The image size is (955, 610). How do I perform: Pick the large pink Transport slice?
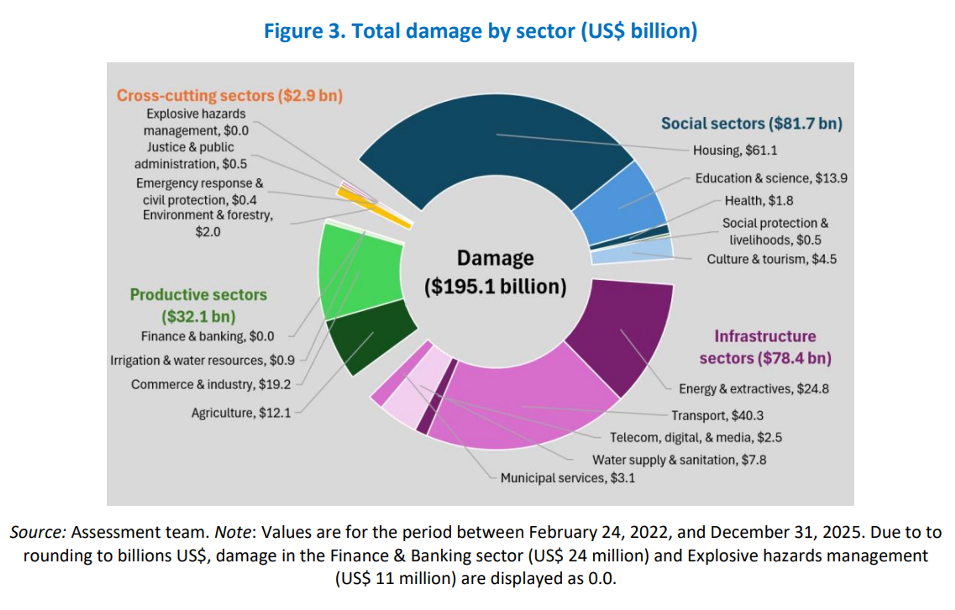click(524, 405)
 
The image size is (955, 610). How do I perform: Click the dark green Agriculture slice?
click(369, 337)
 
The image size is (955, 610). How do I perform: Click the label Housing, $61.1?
click(735, 150)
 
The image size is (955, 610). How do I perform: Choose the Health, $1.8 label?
click(759, 201)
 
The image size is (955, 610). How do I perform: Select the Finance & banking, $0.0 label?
click(207, 336)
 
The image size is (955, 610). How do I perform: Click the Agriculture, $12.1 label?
click(241, 413)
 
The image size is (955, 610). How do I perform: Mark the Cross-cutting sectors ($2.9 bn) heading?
click(230, 96)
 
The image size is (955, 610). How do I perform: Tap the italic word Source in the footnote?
click(38, 532)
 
